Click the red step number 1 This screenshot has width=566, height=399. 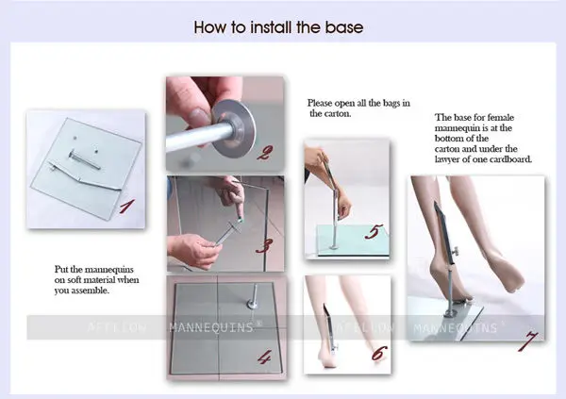click(x=127, y=207)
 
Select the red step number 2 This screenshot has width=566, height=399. click(x=265, y=153)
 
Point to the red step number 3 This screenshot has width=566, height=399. click(x=264, y=246)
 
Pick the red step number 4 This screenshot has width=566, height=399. click(x=264, y=357)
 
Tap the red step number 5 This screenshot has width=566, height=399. click(x=374, y=231)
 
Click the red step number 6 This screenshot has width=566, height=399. click(x=379, y=353)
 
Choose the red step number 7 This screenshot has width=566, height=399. click(x=527, y=341)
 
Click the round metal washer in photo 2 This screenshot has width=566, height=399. click(x=234, y=128)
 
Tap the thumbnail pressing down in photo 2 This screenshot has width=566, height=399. click(x=198, y=116)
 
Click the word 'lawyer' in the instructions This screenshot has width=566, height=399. click(x=447, y=159)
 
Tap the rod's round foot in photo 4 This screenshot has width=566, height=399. click(x=253, y=304)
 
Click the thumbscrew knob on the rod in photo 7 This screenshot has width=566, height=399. click(x=458, y=249)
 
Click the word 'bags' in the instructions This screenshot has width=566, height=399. click(x=391, y=103)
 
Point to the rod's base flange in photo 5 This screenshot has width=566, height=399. click(x=334, y=246)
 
